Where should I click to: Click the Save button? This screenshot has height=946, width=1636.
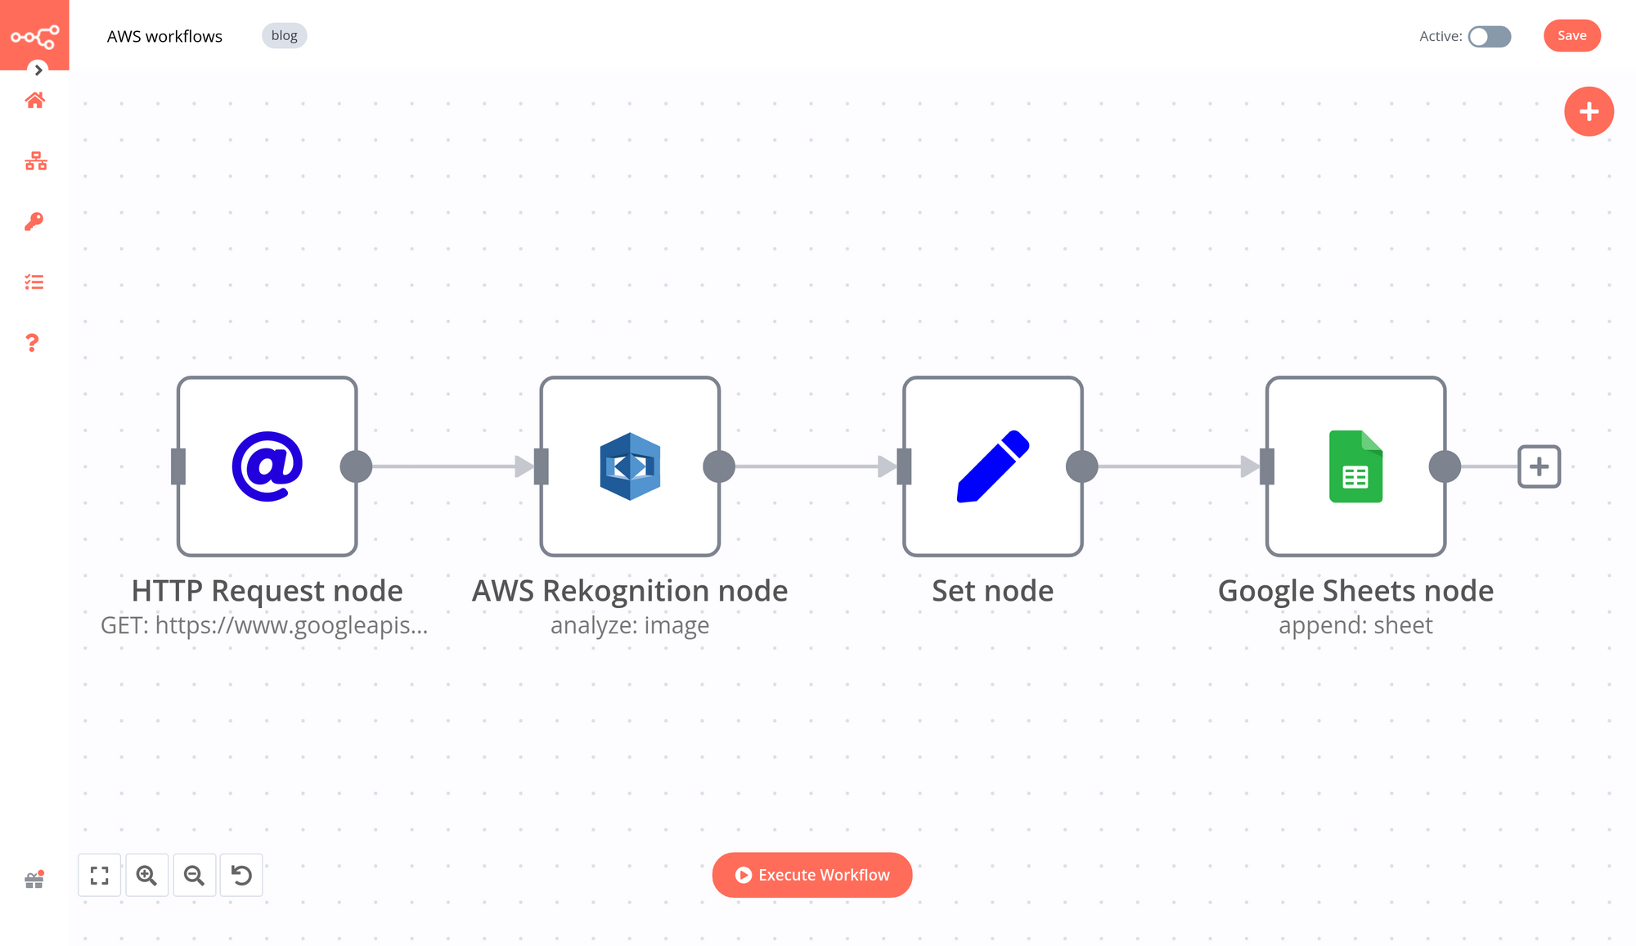tap(1571, 36)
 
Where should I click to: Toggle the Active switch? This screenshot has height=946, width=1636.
tap(1489, 37)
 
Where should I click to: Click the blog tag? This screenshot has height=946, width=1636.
tap(284, 36)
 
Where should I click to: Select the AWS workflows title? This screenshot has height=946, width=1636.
tap(164, 37)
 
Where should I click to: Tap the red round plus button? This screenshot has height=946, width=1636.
tap(1589, 111)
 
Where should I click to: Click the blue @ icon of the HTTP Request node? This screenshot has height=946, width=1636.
tap(267, 466)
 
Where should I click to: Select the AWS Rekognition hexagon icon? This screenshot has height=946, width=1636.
tap(630, 466)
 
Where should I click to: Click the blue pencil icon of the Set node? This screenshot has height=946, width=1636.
tap(992, 466)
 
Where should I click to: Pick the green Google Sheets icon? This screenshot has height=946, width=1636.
tap(1355, 466)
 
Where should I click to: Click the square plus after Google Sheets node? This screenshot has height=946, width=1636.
tap(1539, 466)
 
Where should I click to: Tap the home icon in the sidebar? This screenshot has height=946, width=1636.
tap(34, 101)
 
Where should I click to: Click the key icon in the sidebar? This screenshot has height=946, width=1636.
tap(34, 222)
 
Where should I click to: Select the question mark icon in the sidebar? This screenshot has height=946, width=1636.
tap(33, 343)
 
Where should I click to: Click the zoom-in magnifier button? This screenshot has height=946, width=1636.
tap(147, 876)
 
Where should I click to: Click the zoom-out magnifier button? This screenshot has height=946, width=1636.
tap(194, 876)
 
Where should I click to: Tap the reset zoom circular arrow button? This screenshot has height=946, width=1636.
tap(241, 876)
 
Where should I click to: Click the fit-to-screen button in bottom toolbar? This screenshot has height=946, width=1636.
tap(100, 876)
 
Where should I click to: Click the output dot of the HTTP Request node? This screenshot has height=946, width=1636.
tap(356, 466)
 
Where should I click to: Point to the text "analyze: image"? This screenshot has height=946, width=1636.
tap(630, 626)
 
